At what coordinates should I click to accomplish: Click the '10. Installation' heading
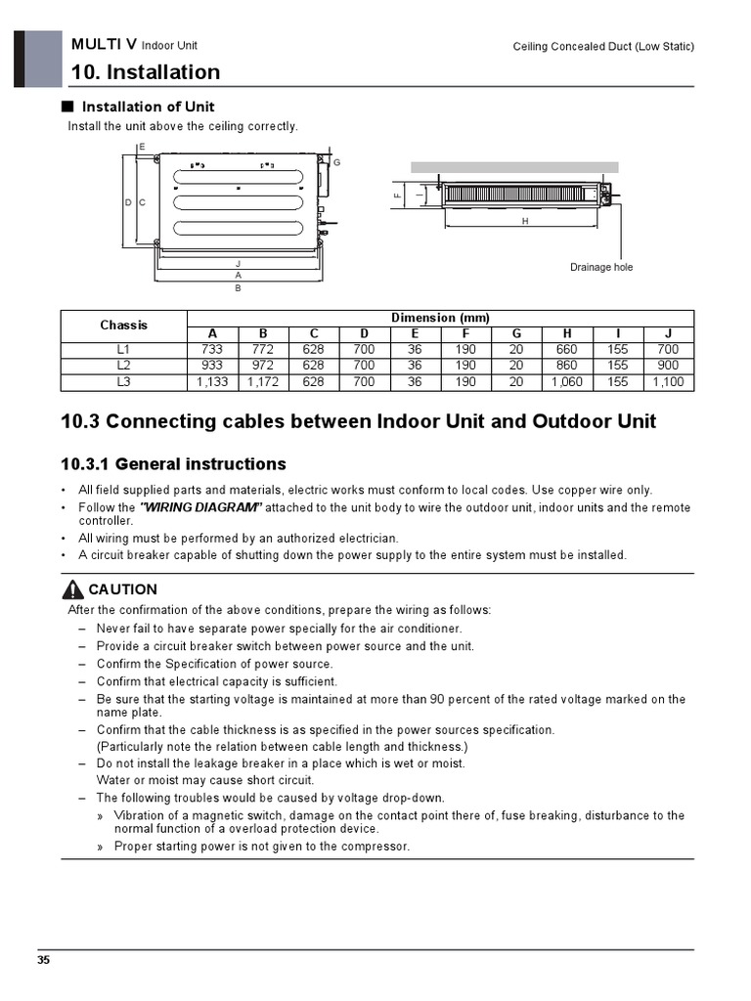pyautogui.click(x=146, y=72)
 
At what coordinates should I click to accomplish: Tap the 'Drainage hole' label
pyautogui.click(x=601, y=267)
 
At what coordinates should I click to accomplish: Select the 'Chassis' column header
pyautogui.click(x=124, y=325)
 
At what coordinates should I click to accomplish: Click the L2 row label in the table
pyautogui.click(x=124, y=366)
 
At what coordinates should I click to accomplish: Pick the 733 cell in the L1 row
pyautogui.click(x=212, y=349)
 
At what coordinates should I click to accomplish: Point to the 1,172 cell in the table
pyautogui.click(x=263, y=382)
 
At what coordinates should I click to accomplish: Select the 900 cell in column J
pyautogui.click(x=668, y=366)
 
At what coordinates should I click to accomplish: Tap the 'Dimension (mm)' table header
pyautogui.click(x=440, y=318)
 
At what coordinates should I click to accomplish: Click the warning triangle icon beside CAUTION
pyautogui.click(x=72, y=589)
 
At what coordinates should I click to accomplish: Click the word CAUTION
pyautogui.click(x=122, y=589)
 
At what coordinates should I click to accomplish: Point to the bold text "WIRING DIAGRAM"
pyautogui.click(x=200, y=507)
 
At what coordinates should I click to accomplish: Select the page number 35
pyautogui.click(x=44, y=960)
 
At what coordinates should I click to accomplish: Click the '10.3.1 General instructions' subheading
pyautogui.click(x=173, y=463)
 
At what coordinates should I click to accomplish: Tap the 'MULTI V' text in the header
pyautogui.click(x=104, y=45)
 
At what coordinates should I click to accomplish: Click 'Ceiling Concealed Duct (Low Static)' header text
pyautogui.click(x=603, y=47)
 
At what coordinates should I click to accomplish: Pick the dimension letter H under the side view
pyautogui.click(x=525, y=222)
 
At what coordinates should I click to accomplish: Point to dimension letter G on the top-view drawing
pyautogui.click(x=336, y=161)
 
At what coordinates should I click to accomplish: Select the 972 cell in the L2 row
pyautogui.click(x=263, y=366)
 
